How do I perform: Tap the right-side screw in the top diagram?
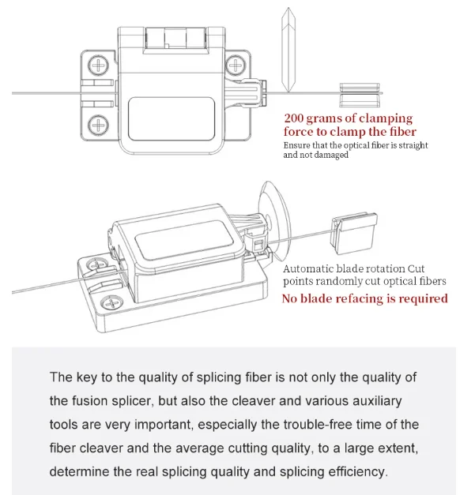click(236, 63)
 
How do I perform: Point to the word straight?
click(412, 145)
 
